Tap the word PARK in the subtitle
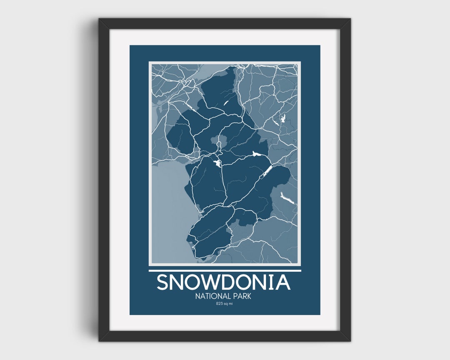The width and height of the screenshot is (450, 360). pos(242,296)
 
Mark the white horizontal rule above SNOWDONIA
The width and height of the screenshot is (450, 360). pos(225,270)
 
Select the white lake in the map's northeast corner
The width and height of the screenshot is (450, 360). pos(280,120)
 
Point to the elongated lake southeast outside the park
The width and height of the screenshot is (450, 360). pos(287,198)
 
